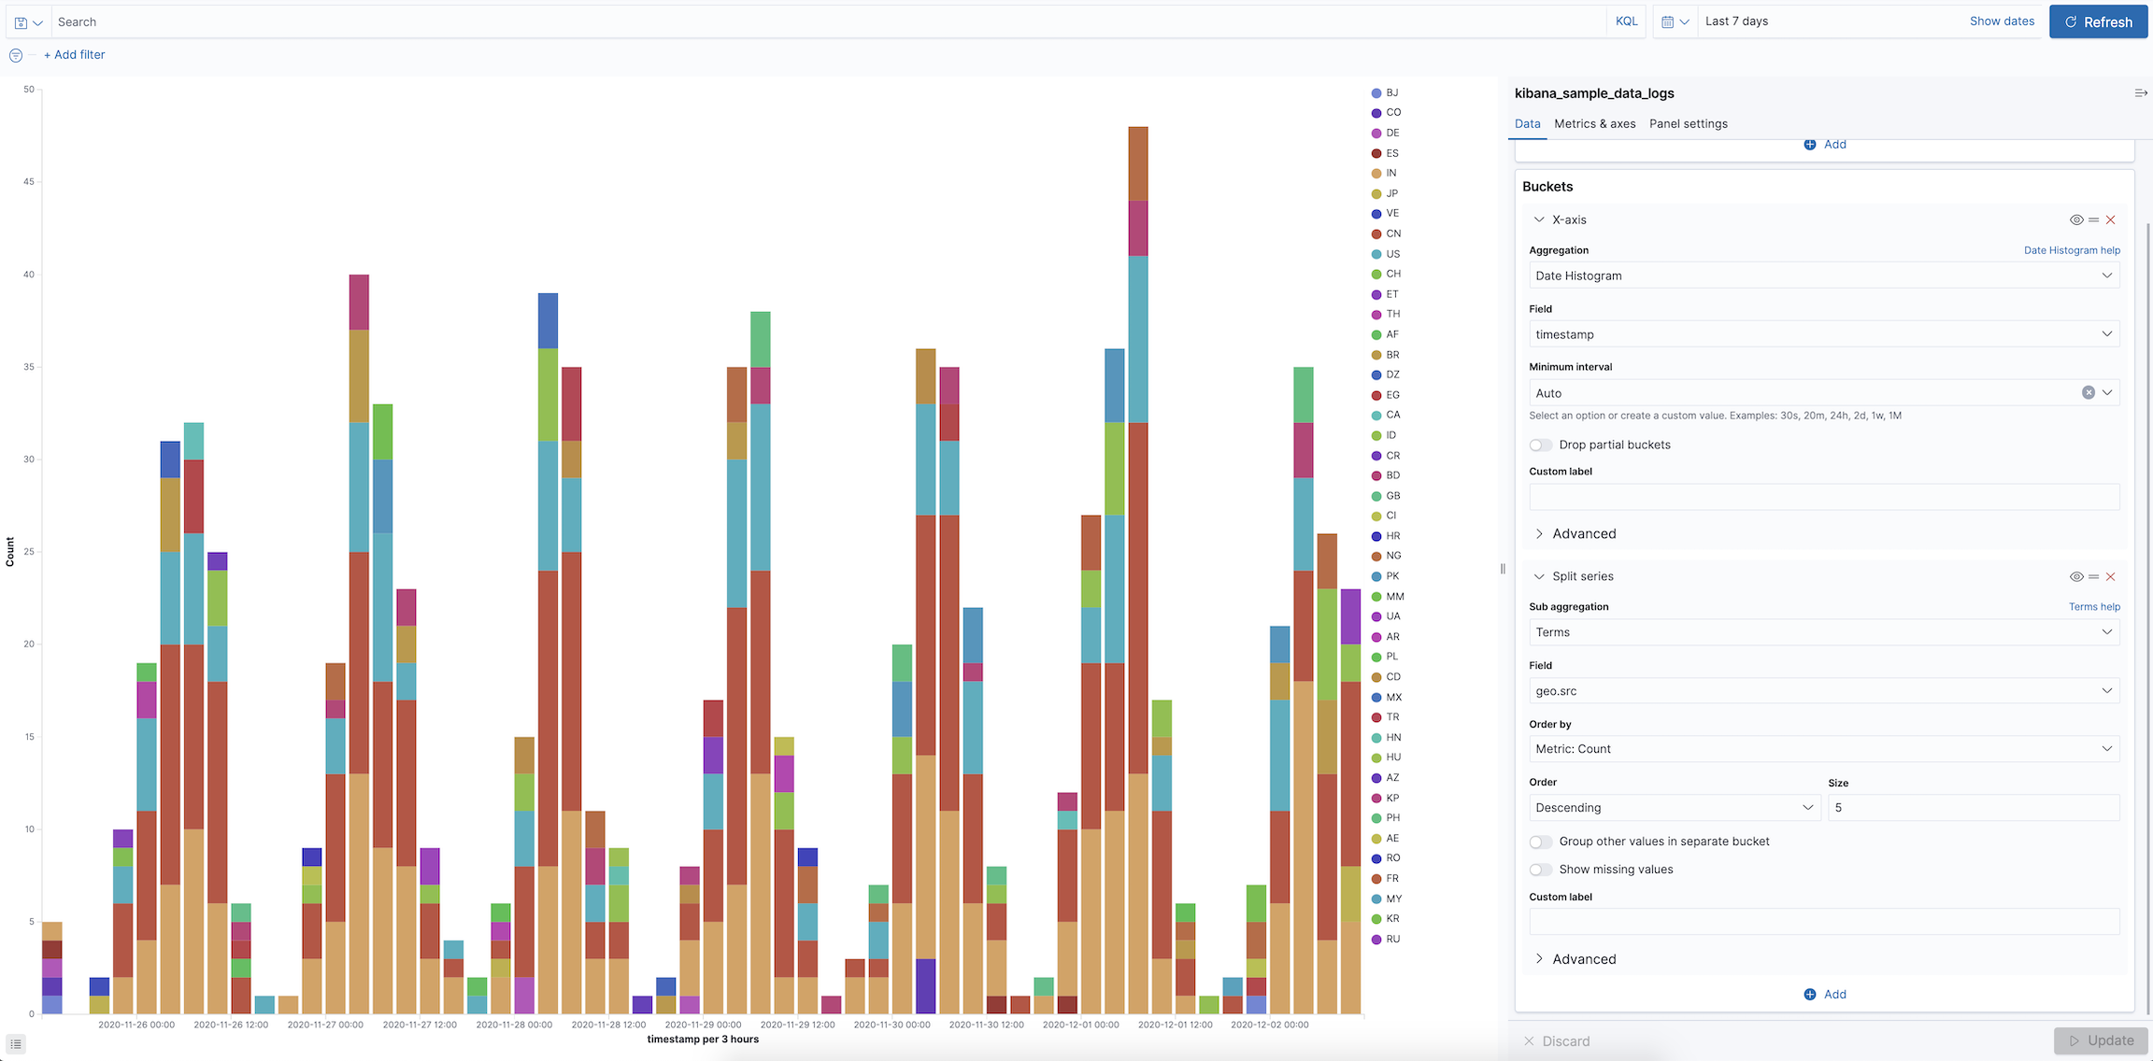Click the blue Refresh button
[x=2098, y=21]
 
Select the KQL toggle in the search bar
[x=1626, y=21]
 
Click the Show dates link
[x=2002, y=21]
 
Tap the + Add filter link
[x=75, y=55]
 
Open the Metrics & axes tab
[x=1594, y=123]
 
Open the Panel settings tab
[x=1688, y=123]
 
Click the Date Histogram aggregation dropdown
[x=1822, y=276]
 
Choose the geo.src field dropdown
[x=1822, y=691]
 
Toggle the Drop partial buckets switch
[x=1541, y=445]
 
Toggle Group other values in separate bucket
[x=1541, y=842]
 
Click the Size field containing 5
[x=1972, y=808]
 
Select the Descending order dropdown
[x=1673, y=808]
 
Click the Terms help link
[x=2093, y=607]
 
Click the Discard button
[x=1557, y=1040]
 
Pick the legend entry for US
[x=1392, y=254]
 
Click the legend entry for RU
[x=1392, y=940]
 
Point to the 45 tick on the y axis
[x=29, y=182]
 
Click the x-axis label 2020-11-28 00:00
[x=514, y=1025]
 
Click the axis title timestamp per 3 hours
[x=703, y=1040]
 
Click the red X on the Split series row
[x=2110, y=577]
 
